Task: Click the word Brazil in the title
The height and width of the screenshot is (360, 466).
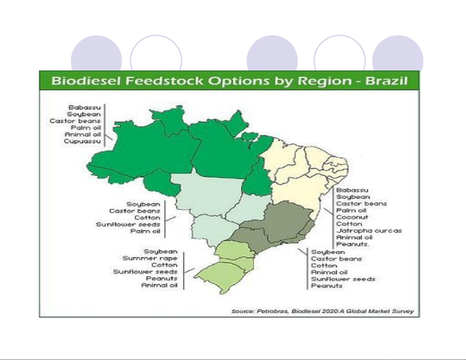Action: [x=386, y=81]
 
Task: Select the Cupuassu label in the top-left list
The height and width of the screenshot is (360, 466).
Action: [x=82, y=141]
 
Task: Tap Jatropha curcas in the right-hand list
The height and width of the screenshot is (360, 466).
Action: [x=369, y=231]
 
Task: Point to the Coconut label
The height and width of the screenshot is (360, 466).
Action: [x=352, y=217]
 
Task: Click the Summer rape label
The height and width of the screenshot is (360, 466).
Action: [x=150, y=258]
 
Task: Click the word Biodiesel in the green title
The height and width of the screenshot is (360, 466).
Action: [x=86, y=81]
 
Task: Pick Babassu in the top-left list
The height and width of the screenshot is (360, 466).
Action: [x=84, y=107]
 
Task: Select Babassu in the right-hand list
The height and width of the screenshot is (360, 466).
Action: [x=352, y=190]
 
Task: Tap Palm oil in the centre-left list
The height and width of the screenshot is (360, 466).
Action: [x=146, y=231]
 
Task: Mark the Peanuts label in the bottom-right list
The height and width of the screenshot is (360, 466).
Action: [x=327, y=286]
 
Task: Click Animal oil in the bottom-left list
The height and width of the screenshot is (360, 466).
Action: [x=159, y=285]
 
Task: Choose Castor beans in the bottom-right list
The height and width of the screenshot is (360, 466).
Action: [x=336, y=259]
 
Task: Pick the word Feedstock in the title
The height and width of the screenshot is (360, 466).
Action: [x=164, y=81]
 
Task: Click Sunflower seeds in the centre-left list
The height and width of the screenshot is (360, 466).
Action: [x=128, y=224]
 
